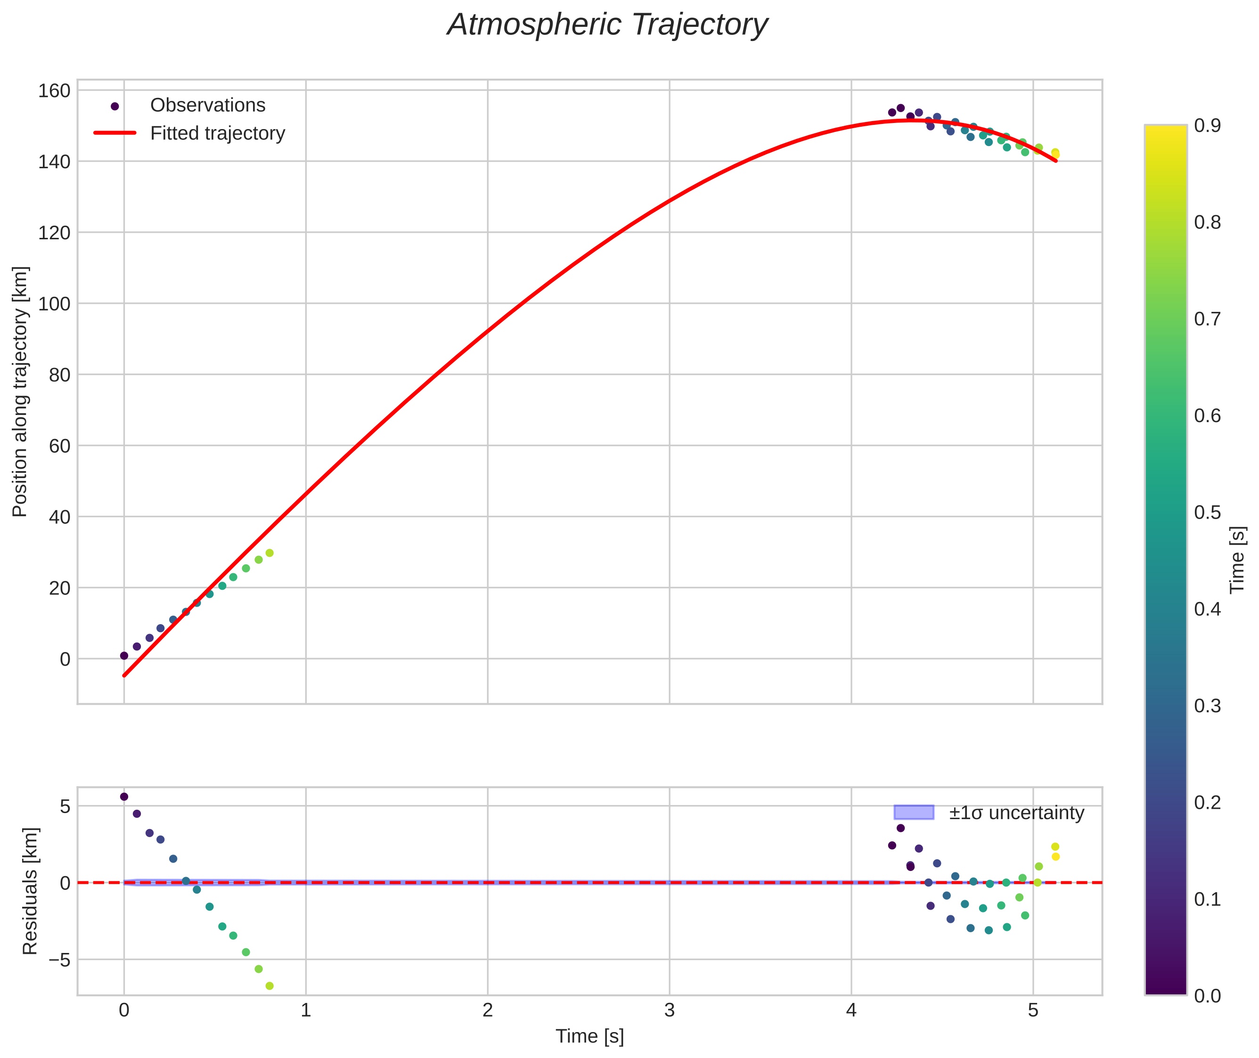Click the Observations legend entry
(207, 106)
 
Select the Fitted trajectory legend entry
(217, 133)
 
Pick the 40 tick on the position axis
(59, 517)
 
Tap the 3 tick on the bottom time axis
(670, 1010)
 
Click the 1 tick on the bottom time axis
(306, 1010)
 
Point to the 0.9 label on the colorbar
(1207, 125)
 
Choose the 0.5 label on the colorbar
(1207, 512)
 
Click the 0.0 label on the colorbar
(1207, 996)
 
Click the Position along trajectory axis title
(20, 391)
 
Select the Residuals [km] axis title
(30, 891)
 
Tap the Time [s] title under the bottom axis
(589, 1036)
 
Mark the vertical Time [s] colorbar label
(1237, 560)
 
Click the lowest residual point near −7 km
(270, 986)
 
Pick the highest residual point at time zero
(124, 797)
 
